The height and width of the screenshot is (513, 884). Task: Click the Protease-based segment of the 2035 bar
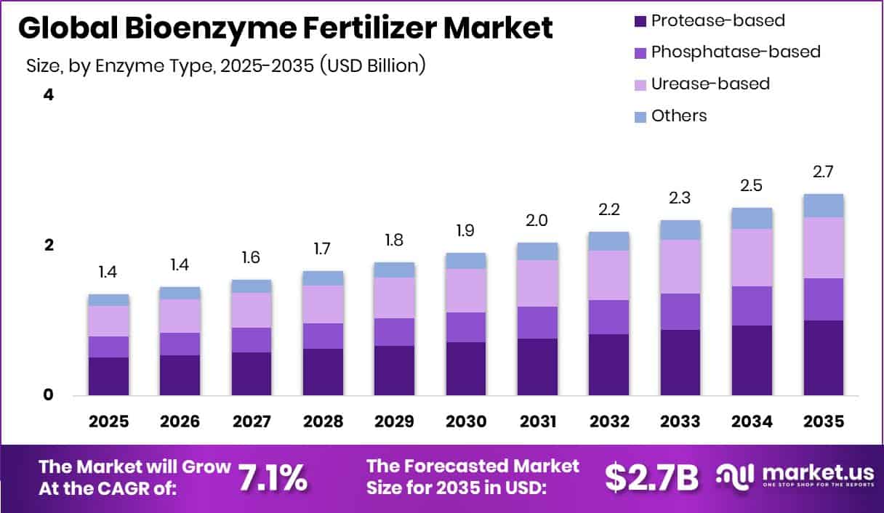[823, 358]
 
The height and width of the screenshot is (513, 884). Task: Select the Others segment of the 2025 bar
[108, 300]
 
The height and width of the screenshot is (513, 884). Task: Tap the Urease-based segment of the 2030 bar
[465, 291]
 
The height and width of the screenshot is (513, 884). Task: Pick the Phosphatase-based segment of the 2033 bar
[680, 312]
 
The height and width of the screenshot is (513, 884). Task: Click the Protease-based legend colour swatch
[639, 20]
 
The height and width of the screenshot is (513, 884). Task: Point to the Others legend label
[678, 116]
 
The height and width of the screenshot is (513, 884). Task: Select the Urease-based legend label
[710, 84]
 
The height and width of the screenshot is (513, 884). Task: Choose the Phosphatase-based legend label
[735, 52]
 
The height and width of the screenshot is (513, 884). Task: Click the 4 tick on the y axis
[49, 95]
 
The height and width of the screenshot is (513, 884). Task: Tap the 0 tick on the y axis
[49, 395]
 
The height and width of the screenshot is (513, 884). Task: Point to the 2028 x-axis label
[323, 421]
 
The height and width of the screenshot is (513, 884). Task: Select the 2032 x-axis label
[608, 421]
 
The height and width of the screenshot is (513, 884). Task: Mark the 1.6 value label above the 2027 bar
[252, 258]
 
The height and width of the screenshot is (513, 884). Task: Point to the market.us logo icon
[734, 477]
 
